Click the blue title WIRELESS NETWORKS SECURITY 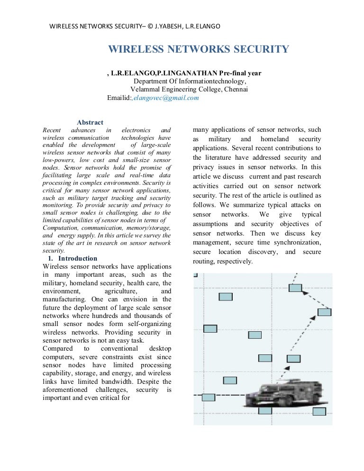click(199, 50)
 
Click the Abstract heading click(90, 123)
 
